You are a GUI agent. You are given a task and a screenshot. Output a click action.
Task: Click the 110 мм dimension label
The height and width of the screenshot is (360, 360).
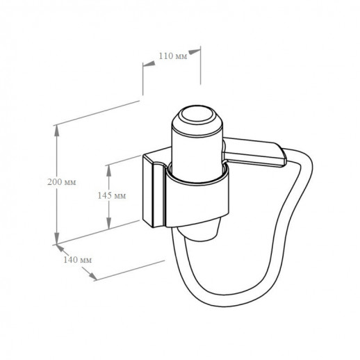pyautogui.click(x=173, y=56)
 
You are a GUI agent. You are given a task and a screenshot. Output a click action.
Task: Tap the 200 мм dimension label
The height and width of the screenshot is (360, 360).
pyautogui.click(x=62, y=182)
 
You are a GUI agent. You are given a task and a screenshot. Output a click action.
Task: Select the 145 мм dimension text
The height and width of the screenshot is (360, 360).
pyautogui.click(x=112, y=196)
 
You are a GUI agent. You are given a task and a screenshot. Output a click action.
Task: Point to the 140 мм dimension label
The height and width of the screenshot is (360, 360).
pyautogui.click(x=77, y=260)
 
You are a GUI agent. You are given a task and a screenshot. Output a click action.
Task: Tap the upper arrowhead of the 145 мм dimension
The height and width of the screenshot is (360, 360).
pyautogui.click(x=108, y=170)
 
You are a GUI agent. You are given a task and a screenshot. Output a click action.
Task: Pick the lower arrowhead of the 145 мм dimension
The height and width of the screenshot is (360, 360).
pyautogui.click(x=108, y=223)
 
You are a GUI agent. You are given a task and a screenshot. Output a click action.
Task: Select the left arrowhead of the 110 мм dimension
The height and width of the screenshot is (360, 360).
pyautogui.click(x=149, y=64)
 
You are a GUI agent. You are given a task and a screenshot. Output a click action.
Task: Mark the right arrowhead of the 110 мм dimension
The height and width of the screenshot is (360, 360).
pyautogui.click(x=194, y=51)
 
